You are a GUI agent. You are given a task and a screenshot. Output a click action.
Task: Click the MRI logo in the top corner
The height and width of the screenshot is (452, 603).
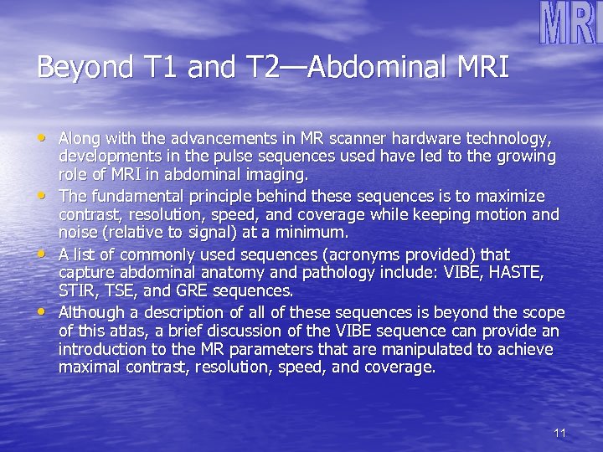coord(569,23)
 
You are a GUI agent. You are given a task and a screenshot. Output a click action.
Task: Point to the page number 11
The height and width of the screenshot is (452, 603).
coord(560,433)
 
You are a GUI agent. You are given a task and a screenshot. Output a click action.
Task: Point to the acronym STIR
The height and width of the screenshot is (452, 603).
coord(78,292)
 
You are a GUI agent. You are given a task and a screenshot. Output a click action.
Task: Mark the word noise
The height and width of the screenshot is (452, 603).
coord(76,233)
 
